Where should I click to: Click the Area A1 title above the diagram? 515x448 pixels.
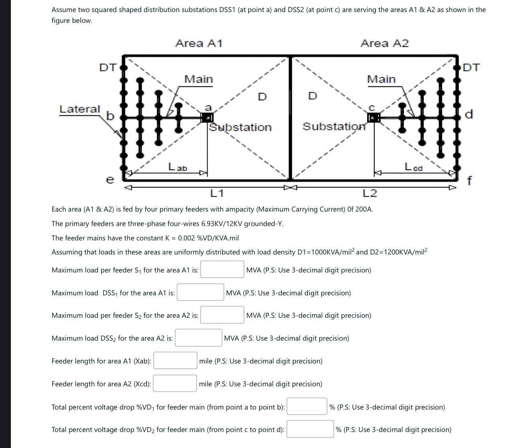[x=199, y=43]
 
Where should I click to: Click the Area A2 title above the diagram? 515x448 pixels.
[x=384, y=43]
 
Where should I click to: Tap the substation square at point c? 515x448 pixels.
[x=373, y=117]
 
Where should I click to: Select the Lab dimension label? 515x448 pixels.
[x=177, y=167]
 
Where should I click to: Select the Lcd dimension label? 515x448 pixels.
[x=413, y=167]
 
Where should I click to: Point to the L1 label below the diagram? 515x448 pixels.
[x=217, y=194]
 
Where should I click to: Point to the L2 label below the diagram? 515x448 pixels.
[x=369, y=194]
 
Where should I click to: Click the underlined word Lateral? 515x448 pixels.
[x=79, y=109]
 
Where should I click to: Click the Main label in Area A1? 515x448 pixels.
[x=199, y=79]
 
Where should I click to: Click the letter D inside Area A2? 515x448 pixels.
[x=312, y=96]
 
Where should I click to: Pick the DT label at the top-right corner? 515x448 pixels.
[x=471, y=67]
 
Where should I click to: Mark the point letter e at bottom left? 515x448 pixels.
[x=109, y=180]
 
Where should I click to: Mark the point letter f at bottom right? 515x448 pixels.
[x=469, y=181]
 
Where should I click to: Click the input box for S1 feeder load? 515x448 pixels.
[x=222, y=270]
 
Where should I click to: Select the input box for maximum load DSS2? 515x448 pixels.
[x=199, y=338]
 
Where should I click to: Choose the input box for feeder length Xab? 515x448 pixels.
[x=175, y=361]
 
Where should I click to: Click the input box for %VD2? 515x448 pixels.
[x=310, y=429]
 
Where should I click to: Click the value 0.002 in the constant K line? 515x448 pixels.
[x=187, y=238]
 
